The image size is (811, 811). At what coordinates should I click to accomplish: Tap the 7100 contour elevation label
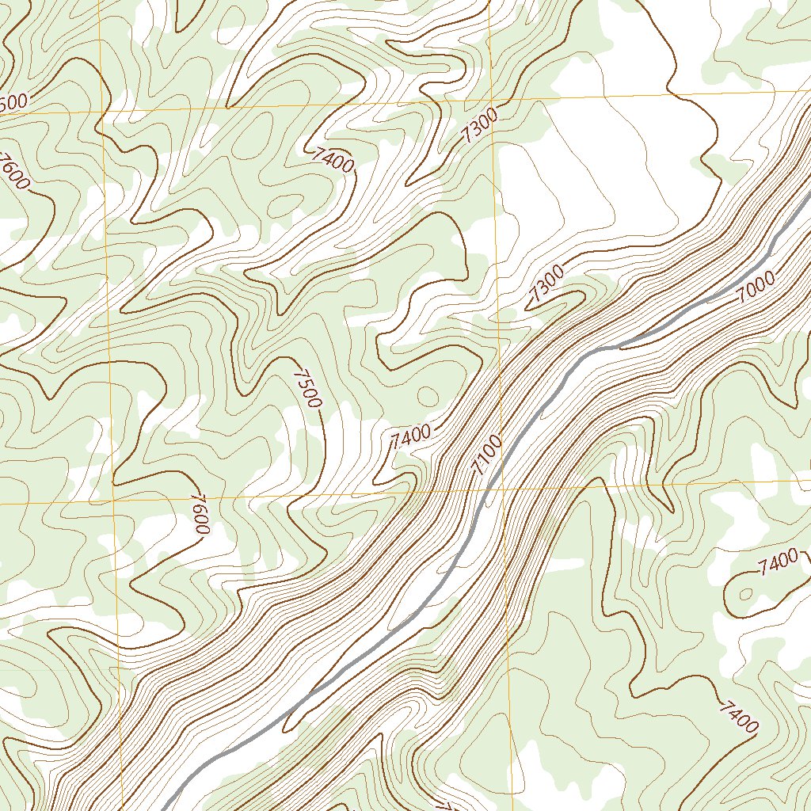coord(485,456)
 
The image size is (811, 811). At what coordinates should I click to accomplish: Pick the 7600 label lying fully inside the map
coord(198,514)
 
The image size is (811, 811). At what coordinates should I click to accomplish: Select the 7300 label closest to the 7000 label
coord(546,284)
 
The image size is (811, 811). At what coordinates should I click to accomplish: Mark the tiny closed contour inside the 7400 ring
coord(745,592)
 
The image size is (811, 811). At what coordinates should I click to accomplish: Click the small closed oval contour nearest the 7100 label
coord(427,395)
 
